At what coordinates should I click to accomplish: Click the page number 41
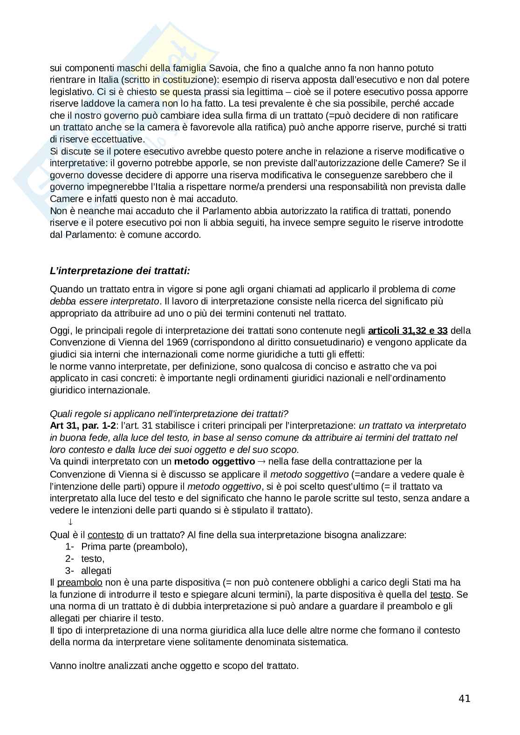(464, 698)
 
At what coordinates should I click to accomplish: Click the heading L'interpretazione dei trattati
(120, 271)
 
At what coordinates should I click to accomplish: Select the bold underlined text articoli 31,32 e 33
(408, 330)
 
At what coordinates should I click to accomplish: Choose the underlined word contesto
(105, 534)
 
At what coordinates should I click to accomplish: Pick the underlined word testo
(440, 594)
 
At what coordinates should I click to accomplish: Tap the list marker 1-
(70, 546)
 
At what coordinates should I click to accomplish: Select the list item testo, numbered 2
(93, 559)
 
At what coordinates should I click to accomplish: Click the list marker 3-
(70, 571)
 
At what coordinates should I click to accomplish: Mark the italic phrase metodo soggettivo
(309, 474)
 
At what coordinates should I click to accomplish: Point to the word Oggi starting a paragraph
(60, 330)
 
